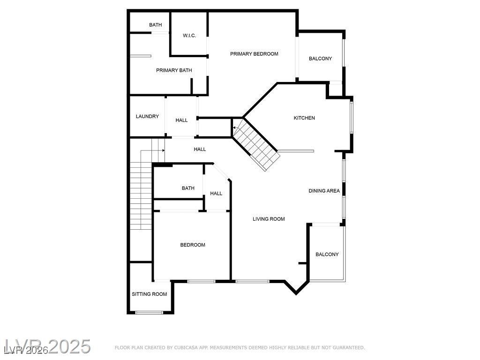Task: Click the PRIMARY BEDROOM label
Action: [x=254, y=54]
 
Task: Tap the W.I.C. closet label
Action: [x=189, y=36]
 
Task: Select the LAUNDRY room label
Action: [x=147, y=116]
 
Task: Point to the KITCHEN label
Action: [x=304, y=118]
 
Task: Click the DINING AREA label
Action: [x=324, y=191]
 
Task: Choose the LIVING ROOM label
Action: [x=269, y=219]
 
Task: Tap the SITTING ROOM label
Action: [x=149, y=294]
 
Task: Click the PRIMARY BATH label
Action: [x=174, y=70]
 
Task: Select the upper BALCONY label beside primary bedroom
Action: [x=320, y=59]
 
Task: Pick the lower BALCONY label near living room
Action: [x=327, y=255]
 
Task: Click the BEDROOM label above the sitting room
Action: [x=193, y=245]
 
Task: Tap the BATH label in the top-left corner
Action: [x=156, y=25]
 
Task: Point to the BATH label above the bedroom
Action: [x=188, y=188]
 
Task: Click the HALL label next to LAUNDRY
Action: [x=181, y=120]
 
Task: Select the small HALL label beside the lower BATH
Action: [x=216, y=194]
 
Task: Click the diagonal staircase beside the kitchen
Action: [x=255, y=145]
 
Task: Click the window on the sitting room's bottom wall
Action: [x=149, y=312]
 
